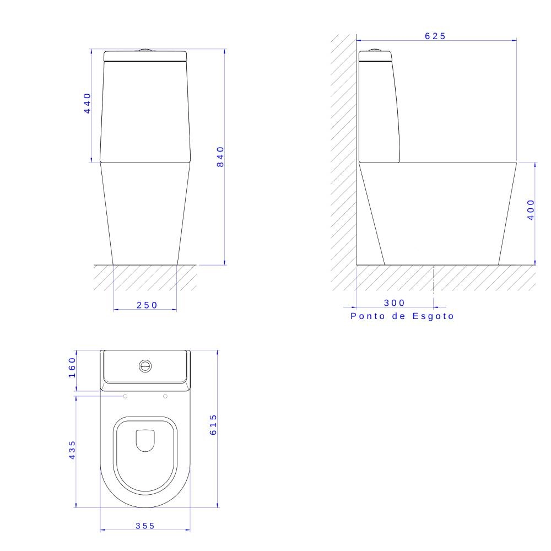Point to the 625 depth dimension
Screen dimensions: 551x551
[x=435, y=36]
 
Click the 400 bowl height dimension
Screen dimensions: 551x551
[x=530, y=210]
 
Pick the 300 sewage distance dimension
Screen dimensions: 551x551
[x=394, y=302]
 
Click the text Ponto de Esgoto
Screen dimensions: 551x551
[x=402, y=316]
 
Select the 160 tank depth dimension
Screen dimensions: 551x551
[x=72, y=368]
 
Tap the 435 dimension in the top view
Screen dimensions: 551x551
[x=72, y=450]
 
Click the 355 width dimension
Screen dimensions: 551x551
[x=145, y=526]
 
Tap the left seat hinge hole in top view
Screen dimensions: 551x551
[x=126, y=396]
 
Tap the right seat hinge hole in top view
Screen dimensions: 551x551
[x=165, y=396]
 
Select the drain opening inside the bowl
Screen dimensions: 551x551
[x=145, y=440]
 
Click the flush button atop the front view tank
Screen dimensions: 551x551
[x=145, y=50]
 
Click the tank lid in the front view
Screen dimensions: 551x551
[x=145, y=56]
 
